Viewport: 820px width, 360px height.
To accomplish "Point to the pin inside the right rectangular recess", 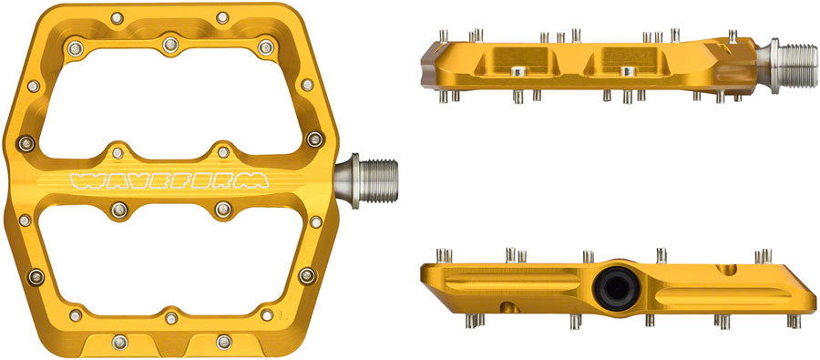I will [x=626, y=71].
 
